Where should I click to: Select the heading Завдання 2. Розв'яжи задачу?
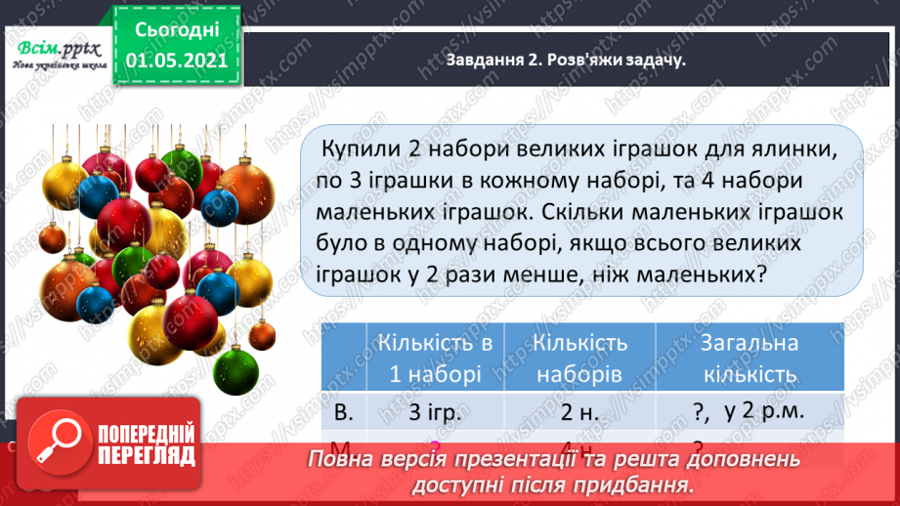565,60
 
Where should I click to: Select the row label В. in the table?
344,411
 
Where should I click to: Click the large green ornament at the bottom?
235,371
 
